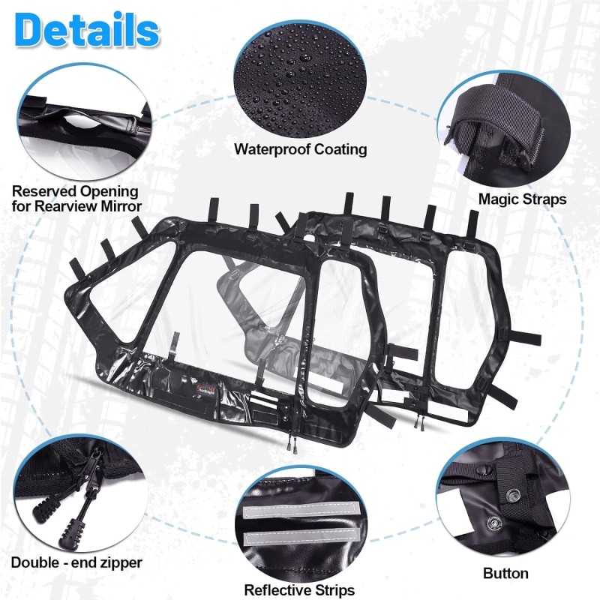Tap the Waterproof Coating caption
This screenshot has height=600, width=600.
point(300,148)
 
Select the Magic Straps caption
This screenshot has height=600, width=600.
point(522,199)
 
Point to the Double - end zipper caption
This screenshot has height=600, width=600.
point(76,562)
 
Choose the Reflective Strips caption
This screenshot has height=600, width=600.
point(299,590)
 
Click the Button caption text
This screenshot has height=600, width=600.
point(506,574)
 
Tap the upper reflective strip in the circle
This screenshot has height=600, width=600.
point(299,516)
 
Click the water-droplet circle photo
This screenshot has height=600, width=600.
point(300,75)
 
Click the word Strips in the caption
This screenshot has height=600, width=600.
point(329,590)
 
